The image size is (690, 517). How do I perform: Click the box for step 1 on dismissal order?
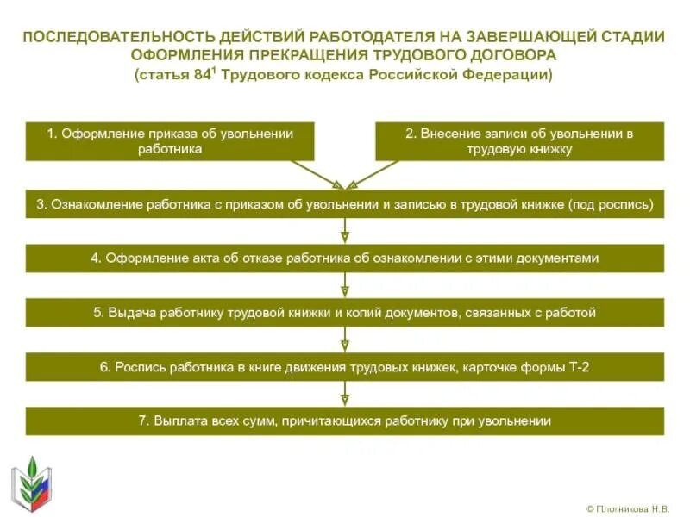pyautogui.click(x=170, y=141)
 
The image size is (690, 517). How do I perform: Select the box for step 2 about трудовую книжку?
pyautogui.click(x=519, y=141)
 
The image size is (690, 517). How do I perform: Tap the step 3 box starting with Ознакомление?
pyautogui.click(x=345, y=205)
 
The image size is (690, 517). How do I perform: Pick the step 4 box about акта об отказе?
pyautogui.click(x=345, y=258)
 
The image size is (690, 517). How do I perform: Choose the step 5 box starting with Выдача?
pyautogui.click(x=345, y=313)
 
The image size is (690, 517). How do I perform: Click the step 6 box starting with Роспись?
pyautogui.click(x=345, y=367)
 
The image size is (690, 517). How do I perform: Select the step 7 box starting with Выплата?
pyautogui.click(x=345, y=421)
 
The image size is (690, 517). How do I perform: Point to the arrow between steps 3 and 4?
pyautogui.click(x=345, y=232)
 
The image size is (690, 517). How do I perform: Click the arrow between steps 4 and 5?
pyautogui.click(x=345, y=286)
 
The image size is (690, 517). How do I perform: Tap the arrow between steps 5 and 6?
pyautogui.click(x=345, y=340)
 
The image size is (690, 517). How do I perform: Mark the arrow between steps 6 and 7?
pyautogui.click(x=345, y=395)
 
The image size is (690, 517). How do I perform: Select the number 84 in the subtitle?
pyautogui.click(x=202, y=75)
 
